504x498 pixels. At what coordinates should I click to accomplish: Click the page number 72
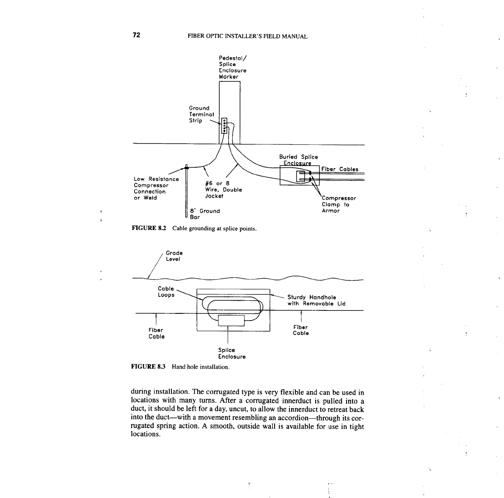136,35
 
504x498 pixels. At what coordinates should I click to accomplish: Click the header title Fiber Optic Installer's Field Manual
247,36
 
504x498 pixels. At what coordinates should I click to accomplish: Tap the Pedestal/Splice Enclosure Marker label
232,67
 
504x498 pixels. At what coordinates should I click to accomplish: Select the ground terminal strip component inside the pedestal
224,126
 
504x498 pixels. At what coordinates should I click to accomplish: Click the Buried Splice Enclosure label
298,160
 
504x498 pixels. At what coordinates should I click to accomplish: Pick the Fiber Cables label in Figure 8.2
340,169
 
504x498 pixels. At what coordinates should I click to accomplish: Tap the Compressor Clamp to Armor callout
339,205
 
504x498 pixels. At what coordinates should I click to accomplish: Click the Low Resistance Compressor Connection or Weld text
156,188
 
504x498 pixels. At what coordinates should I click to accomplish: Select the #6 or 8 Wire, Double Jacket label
223,190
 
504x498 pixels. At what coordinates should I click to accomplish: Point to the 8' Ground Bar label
205,214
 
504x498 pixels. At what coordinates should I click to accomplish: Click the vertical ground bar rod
186,191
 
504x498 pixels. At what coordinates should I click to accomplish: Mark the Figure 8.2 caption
194,229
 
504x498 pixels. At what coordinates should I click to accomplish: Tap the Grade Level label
174,256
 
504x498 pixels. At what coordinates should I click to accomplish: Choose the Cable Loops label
166,292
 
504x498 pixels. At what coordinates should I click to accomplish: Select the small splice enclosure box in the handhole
231,321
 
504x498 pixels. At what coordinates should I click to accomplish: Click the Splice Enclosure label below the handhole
231,353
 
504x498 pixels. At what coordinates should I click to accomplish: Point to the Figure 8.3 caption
181,366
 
